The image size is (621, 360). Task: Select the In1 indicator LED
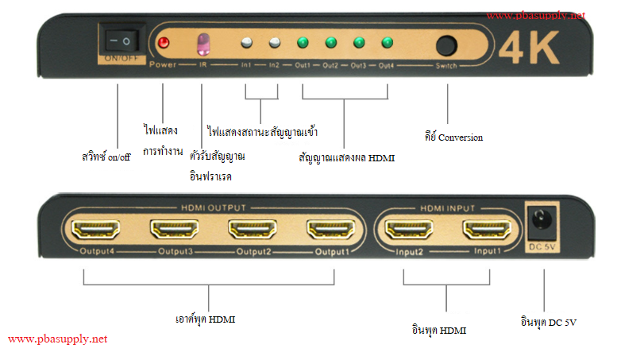(x=247, y=43)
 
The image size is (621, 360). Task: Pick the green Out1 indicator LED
(x=303, y=43)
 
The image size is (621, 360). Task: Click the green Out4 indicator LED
(x=387, y=43)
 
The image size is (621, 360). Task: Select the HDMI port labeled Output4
(x=98, y=230)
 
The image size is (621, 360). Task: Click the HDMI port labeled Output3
(x=176, y=230)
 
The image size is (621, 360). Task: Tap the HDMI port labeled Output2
(x=254, y=230)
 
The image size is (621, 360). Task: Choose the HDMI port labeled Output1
(x=333, y=230)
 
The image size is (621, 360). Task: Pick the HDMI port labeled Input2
(x=410, y=230)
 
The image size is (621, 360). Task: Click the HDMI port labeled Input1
(x=488, y=230)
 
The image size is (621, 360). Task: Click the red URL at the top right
(x=536, y=15)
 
